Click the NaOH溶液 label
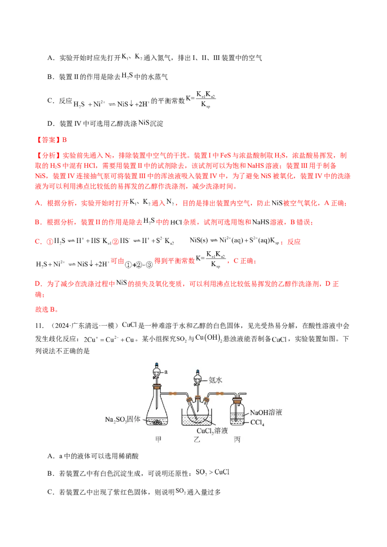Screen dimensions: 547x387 [266, 413]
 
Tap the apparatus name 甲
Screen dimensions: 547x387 [157, 440]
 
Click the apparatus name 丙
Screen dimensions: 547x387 [237, 440]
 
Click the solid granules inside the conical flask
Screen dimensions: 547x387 [157, 422]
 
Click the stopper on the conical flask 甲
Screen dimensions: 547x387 [157, 386]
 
